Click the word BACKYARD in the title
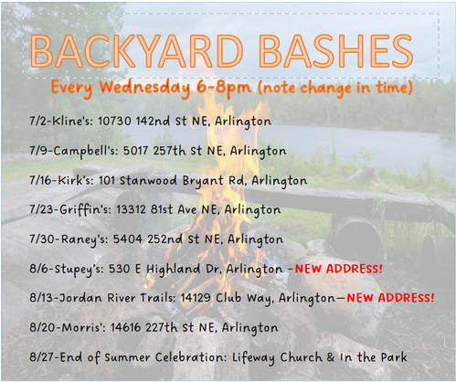tap(136, 51)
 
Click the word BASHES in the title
tap(337, 51)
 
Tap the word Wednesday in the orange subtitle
tap(144, 88)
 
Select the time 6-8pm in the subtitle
tap(224, 88)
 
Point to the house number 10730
tap(114, 121)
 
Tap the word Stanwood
tap(148, 180)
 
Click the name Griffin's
tap(85, 210)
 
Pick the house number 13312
tap(131, 209)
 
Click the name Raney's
tap(85, 239)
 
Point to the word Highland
tap(173, 270)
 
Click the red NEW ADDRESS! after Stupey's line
tap(338, 269)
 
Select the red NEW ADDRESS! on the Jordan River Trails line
tap(390, 298)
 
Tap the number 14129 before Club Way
tap(196, 298)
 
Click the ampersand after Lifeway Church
tap(331, 357)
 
